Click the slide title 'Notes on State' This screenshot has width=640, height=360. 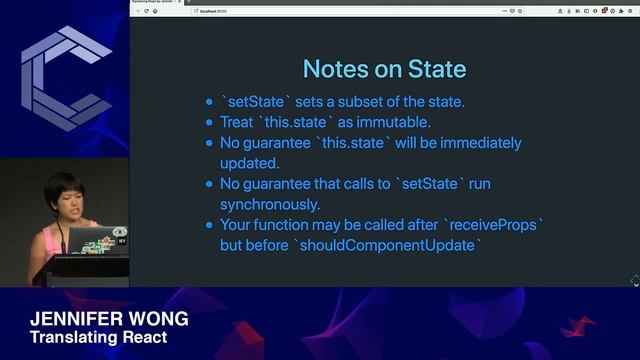(x=384, y=68)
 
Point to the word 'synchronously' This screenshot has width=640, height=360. (x=268, y=204)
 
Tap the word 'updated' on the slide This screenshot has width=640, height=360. (x=249, y=163)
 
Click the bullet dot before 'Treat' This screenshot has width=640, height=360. (x=208, y=123)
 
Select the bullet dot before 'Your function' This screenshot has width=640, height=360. (x=208, y=225)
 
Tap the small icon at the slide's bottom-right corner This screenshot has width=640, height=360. (x=634, y=281)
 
